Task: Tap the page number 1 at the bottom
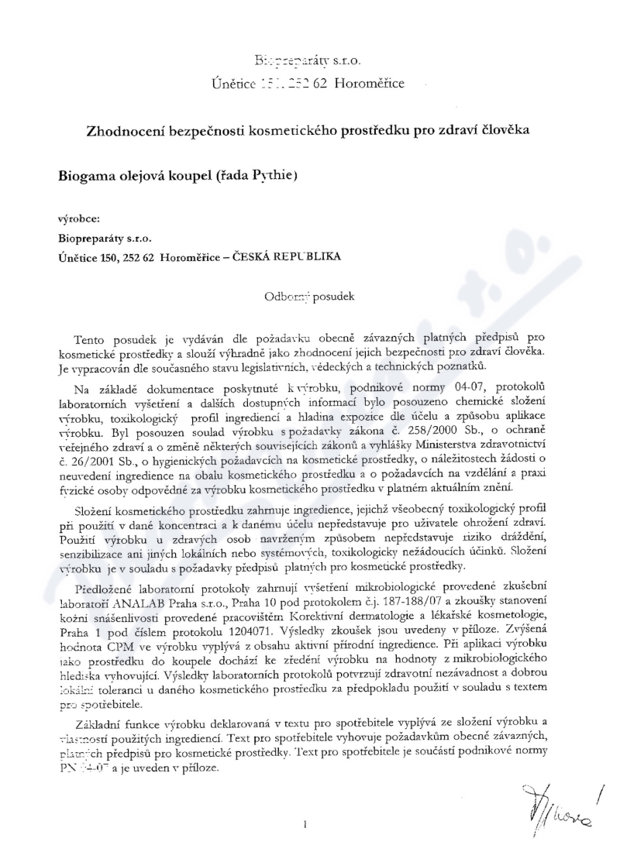point(308,826)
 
